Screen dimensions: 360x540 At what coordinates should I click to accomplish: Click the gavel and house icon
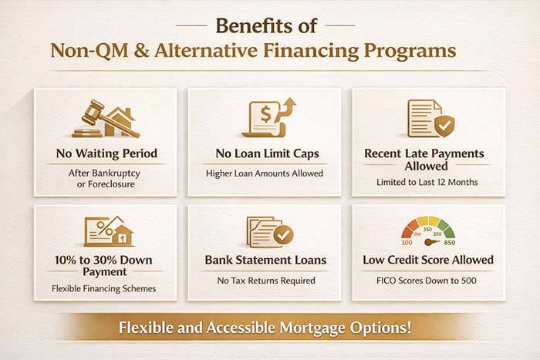point(106,119)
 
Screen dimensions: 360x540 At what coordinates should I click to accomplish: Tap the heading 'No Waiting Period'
point(106,153)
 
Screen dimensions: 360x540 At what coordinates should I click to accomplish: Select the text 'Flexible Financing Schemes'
point(106,289)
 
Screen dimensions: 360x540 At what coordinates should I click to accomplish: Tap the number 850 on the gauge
point(449,243)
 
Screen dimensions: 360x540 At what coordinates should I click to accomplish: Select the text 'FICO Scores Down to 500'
point(429,281)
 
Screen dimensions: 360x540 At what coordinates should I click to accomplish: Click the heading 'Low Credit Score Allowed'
point(429,260)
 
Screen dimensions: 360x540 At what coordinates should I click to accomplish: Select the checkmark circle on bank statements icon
point(282,234)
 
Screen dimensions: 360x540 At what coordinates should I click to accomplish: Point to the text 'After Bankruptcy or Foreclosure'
point(106,179)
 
